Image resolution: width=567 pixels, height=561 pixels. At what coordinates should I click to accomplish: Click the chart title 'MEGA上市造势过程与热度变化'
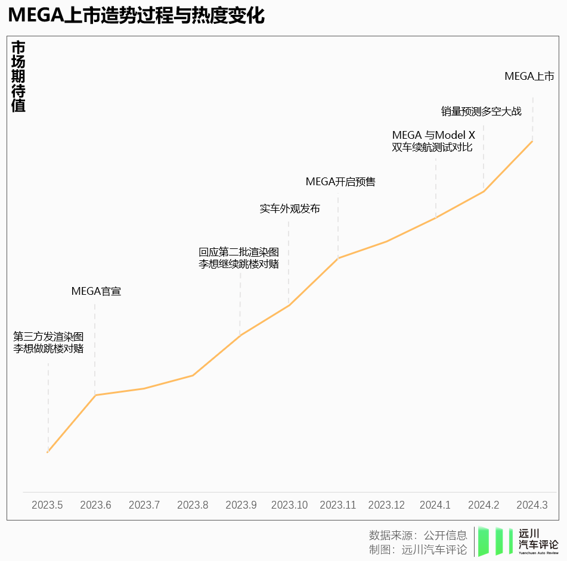[x=137, y=15]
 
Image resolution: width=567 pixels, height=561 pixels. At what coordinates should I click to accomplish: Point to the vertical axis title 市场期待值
[x=18, y=76]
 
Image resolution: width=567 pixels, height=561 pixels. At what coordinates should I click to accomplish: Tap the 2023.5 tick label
[x=47, y=504]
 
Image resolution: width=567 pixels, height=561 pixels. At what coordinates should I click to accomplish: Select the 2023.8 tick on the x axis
[x=193, y=504]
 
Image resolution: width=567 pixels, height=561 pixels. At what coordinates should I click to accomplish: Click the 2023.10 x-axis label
[x=289, y=504]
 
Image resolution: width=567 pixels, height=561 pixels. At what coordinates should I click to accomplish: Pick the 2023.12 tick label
[x=386, y=504]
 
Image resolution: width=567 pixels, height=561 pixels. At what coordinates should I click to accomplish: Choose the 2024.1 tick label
[x=435, y=504]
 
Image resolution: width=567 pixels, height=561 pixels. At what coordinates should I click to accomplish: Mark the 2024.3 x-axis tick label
[x=532, y=504]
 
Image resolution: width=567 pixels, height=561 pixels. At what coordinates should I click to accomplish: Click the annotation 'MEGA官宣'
[x=96, y=291]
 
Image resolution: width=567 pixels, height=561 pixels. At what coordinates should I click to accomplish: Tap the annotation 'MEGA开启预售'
[x=340, y=182]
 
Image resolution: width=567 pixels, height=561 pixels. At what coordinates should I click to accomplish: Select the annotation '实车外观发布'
[x=290, y=209]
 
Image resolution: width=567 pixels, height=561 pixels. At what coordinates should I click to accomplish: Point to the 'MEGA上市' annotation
[x=529, y=76]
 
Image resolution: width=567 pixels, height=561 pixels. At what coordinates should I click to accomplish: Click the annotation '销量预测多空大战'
[x=481, y=111]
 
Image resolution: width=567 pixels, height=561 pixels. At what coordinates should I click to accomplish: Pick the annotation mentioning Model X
[x=433, y=141]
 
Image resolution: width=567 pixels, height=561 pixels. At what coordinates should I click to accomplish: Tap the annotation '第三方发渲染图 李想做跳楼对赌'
[x=48, y=342]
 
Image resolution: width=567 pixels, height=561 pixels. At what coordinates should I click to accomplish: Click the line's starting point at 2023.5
[x=47, y=452]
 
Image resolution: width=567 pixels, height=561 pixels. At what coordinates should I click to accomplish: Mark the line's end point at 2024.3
[x=532, y=141]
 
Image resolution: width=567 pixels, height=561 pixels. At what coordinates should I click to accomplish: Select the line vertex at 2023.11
[x=338, y=258]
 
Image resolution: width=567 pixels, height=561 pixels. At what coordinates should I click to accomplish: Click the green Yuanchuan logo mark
[x=495, y=541]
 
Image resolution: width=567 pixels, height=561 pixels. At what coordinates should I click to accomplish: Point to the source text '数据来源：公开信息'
[x=418, y=535]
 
